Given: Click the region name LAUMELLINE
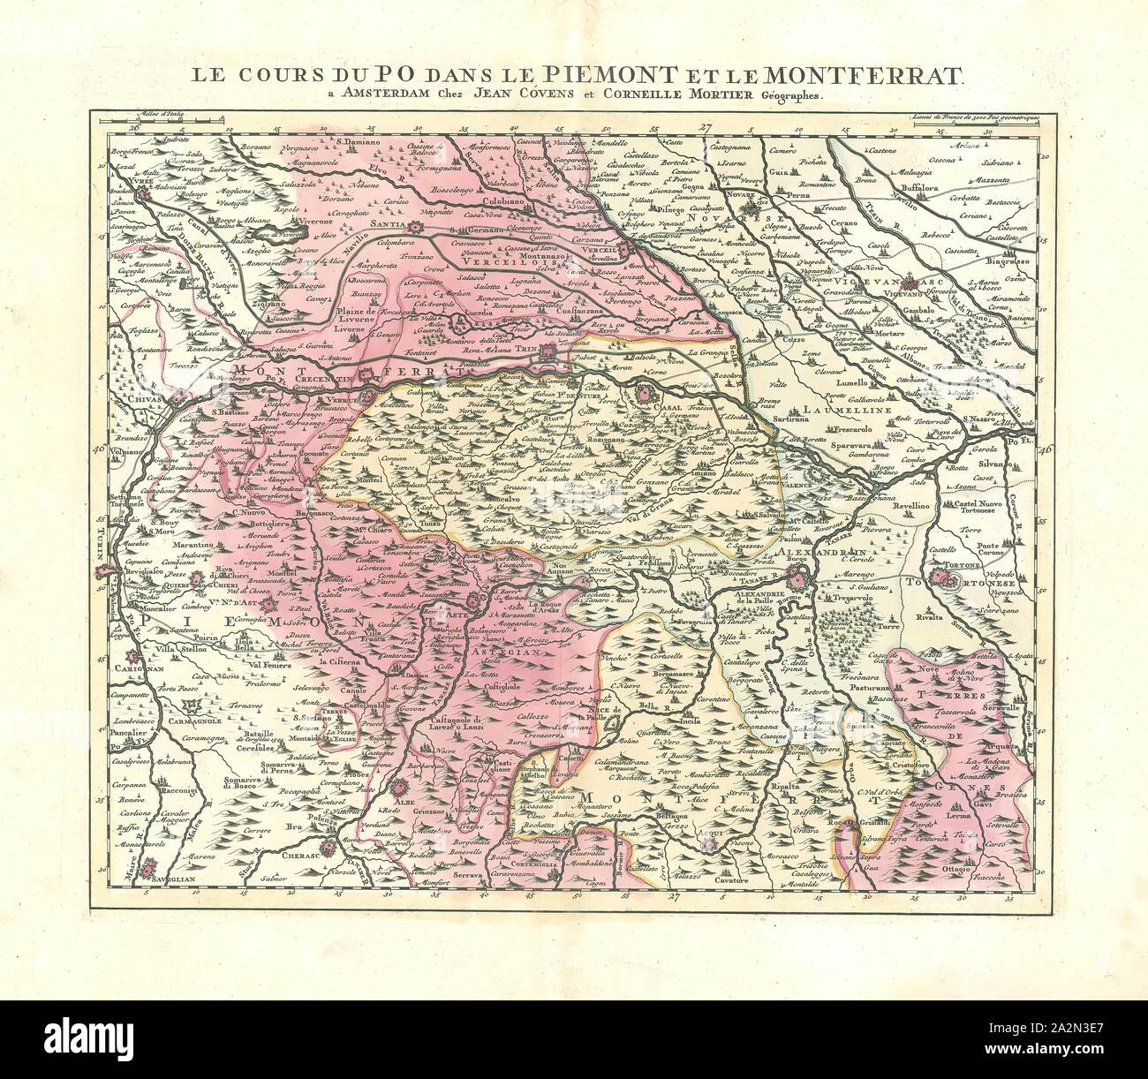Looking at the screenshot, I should click(836, 409).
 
